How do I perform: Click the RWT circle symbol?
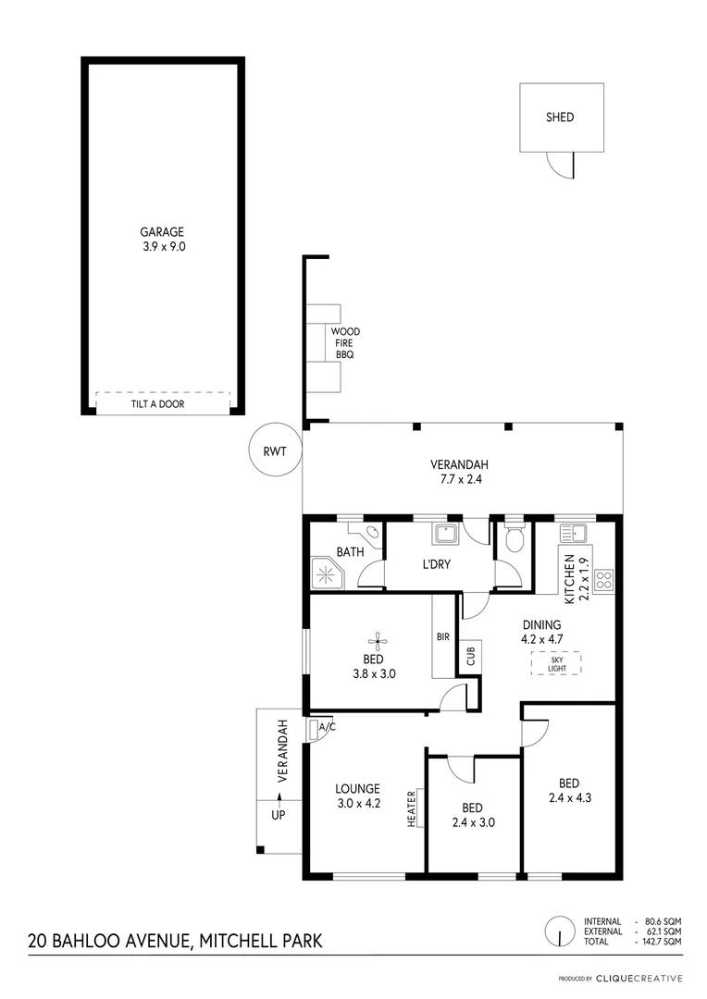tap(276, 452)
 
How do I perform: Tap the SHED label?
tap(559, 117)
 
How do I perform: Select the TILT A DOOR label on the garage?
tap(163, 404)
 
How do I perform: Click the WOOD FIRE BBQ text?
tap(345, 343)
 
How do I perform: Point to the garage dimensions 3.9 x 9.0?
tap(163, 247)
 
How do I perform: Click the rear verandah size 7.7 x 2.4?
tap(458, 479)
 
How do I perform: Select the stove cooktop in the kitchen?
tap(603, 580)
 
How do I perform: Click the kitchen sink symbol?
tap(575, 532)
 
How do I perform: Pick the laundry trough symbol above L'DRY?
tap(444, 535)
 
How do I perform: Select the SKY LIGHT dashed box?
tap(555, 663)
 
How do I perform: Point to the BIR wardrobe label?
tap(443, 637)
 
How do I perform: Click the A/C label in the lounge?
tap(326, 727)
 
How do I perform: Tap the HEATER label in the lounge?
tap(412, 808)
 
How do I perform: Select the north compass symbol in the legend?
tap(558, 930)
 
